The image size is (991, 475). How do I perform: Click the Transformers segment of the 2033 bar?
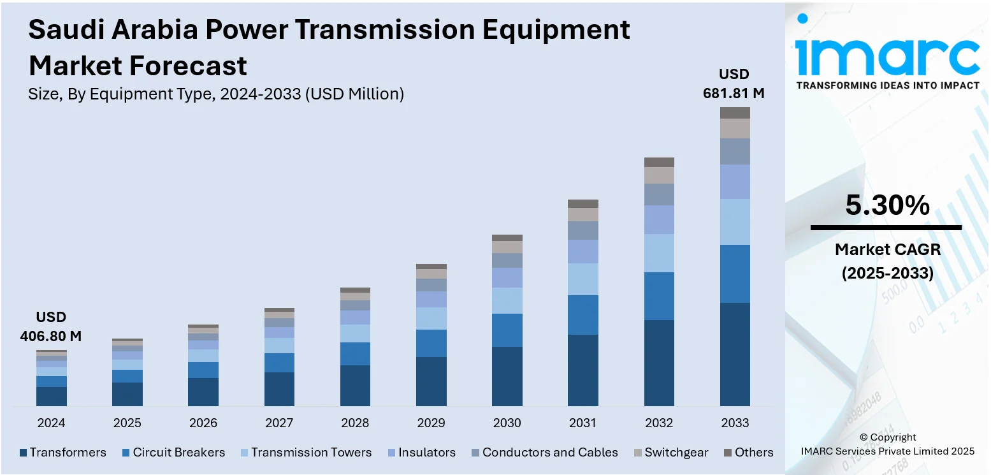735,354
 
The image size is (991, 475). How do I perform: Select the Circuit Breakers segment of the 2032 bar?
659,296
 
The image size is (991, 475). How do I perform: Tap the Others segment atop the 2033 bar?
735,113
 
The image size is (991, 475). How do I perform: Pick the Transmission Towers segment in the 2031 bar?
583,279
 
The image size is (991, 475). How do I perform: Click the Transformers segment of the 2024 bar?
52,396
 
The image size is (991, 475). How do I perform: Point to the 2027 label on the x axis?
279,423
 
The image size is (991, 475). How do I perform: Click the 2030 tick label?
507,423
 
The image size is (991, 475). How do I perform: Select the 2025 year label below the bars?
127,423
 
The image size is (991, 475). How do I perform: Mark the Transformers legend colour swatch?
24,453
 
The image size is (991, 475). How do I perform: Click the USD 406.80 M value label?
51,327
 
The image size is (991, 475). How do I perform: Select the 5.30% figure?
887,205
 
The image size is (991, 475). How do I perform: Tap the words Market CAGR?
887,249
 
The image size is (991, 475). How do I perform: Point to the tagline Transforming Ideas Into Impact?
888,85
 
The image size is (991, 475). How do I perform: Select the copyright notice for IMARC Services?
888,444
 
